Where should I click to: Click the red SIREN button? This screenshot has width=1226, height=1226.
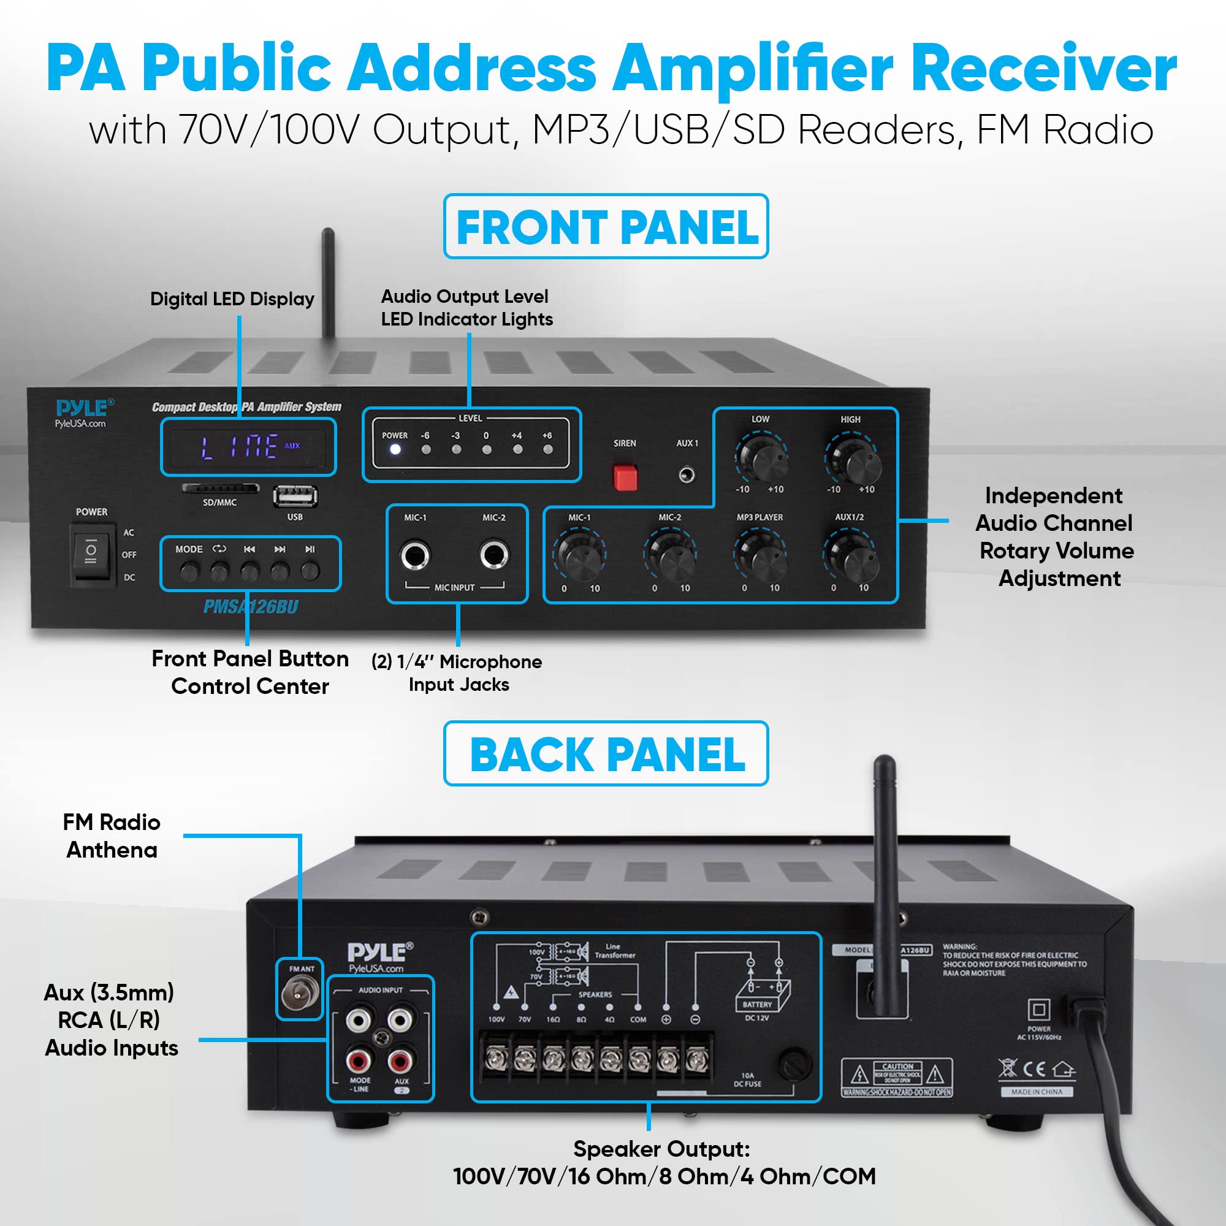pyautogui.click(x=625, y=477)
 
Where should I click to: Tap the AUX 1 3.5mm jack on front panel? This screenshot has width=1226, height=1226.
pyautogui.click(x=686, y=474)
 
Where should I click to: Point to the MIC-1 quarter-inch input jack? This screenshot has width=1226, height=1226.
pyautogui.click(x=414, y=555)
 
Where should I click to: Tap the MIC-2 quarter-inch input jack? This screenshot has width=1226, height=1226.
pyautogui.click(x=493, y=555)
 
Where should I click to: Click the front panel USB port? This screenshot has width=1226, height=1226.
pyautogui.click(x=295, y=497)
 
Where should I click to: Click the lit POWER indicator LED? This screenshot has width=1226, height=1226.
pyautogui.click(x=395, y=449)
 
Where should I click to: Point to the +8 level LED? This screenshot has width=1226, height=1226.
pyautogui.click(x=547, y=449)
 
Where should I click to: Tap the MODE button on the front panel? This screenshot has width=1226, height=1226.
pyautogui.click(x=188, y=572)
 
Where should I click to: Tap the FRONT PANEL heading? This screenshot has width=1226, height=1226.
pyautogui.click(x=606, y=227)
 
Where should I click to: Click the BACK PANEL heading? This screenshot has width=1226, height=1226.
pyautogui.click(x=606, y=754)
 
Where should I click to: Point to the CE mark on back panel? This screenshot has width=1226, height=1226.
pyautogui.click(x=1034, y=1069)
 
